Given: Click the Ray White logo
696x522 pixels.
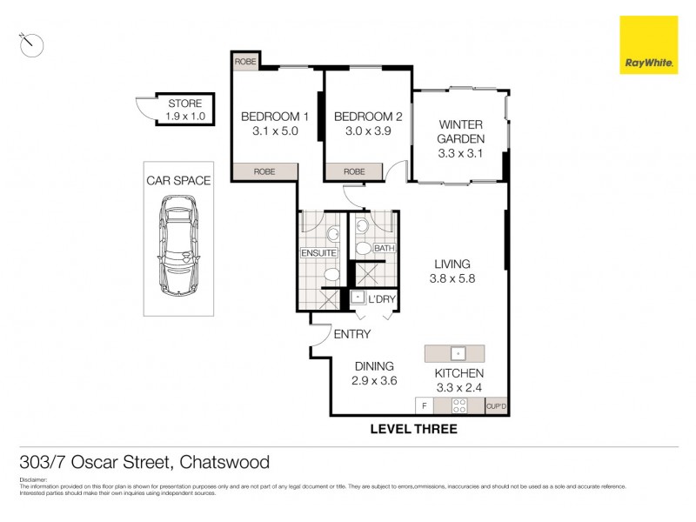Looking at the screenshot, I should pos(648,44).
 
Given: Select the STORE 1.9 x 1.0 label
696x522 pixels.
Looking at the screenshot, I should pos(184,110).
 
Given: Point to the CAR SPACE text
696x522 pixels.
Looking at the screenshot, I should pos(178,181).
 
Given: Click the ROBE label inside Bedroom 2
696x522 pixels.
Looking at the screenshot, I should pos(354,171).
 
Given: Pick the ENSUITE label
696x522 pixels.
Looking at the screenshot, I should pos(318,253).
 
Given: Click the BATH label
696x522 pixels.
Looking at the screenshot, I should pos(384,249).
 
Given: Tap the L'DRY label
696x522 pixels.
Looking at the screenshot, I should pos(382,298).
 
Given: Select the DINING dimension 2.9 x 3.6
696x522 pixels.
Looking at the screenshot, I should pos(374,381).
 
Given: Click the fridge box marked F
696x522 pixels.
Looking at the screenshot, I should pos(424,405).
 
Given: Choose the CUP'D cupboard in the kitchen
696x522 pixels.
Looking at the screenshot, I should pos(497,405).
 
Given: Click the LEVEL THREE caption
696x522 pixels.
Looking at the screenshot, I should pos(413,429).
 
